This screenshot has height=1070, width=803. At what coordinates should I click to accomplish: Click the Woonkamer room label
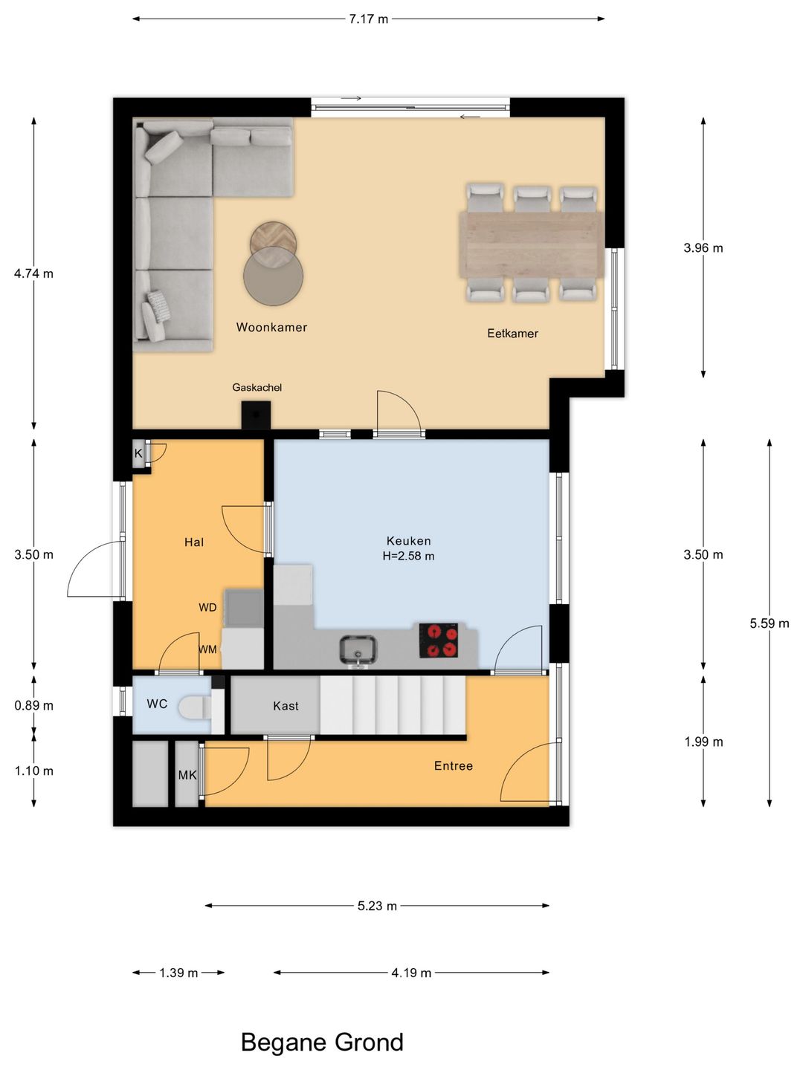coord(271,327)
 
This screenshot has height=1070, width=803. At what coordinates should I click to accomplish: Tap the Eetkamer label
coord(512,334)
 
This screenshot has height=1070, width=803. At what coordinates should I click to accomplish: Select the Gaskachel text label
coord(257,388)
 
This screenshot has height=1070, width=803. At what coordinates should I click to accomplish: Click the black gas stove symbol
coord(256,415)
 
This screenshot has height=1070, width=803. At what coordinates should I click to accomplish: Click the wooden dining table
coord(532,244)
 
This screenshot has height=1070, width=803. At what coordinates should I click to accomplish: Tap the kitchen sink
coord(358,649)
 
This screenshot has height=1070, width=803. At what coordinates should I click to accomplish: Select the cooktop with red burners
coord(439,640)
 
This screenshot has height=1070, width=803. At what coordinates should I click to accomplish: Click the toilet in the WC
coord(195,707)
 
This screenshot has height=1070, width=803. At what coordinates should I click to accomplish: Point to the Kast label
coord(286,706)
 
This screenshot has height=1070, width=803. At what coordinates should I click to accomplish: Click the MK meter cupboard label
coord(187,774)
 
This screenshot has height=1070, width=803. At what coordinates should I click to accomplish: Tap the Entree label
coord(454,766)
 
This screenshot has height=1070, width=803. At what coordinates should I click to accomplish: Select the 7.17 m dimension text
coord(369,19)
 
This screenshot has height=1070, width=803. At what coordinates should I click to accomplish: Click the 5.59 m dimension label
coord(770,623)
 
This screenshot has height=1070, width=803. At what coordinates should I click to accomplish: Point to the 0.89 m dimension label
coord(33,705)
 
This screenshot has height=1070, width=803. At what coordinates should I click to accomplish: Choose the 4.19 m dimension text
coord(411,973)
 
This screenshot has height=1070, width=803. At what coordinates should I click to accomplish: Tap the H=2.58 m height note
coord(409,556)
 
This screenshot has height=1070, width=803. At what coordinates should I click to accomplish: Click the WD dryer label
coord(207,607)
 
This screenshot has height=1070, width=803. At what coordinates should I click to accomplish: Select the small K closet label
coord(138,453)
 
